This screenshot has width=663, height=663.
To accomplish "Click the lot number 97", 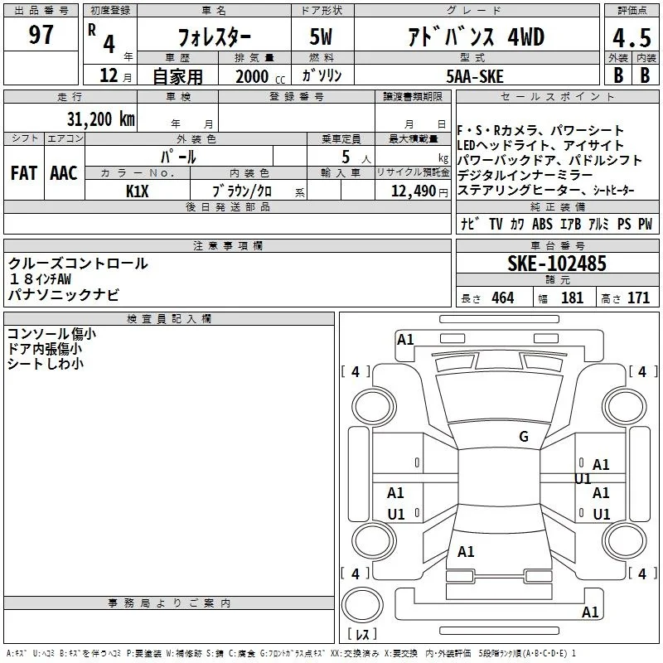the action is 41,34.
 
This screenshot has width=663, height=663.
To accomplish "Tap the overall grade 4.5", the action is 632,38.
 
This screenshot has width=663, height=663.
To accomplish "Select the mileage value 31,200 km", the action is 101,119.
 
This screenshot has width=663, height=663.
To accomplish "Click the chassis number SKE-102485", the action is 557,264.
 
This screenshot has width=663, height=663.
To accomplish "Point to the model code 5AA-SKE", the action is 475,76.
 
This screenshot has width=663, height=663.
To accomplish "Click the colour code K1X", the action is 138,191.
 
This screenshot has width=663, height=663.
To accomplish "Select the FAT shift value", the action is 24,173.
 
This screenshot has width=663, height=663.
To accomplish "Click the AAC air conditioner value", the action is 64,173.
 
